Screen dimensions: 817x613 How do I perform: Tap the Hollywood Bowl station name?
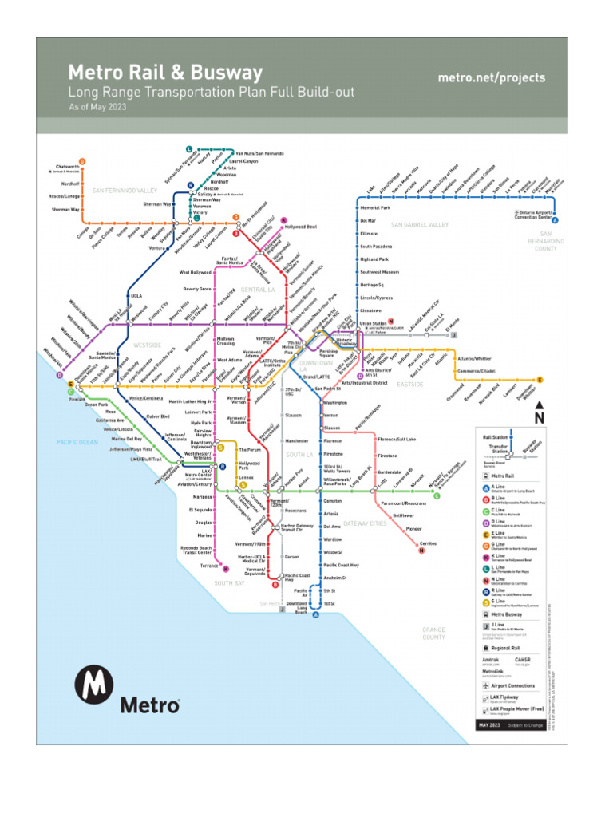[x=300, y=227]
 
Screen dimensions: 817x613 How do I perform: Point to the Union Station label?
[x=372, y=322]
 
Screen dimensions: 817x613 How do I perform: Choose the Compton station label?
[x=333, y=501]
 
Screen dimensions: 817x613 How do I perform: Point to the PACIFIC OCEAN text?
[x=77, y=441]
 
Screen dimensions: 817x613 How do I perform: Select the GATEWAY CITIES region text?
[x=365, y=523]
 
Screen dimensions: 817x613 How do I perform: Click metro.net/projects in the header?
[x=492, y=77]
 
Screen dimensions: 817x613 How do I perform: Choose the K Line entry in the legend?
[x=501, y=558]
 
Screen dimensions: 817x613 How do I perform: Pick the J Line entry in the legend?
[x=501, y=627]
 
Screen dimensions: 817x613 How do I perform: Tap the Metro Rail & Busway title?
[x=165, y=73]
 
